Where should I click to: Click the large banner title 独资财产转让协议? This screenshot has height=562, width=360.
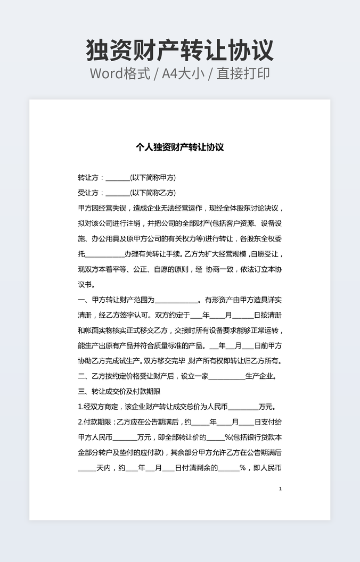pyautogui.click(x=180, y=51)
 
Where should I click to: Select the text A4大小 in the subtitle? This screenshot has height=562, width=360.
pyautogui.click(x=183, y=73)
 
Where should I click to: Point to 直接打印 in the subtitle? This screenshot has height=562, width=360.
pyautogui.click(x=243, y=73)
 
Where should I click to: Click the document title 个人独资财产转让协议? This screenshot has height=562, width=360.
pyautogui.click(x=179, y=147)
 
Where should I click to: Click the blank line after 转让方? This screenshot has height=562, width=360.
pyautogui.click(x=117, y=178)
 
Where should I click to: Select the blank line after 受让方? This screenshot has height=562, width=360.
pyautogui.click(x=117, y=193)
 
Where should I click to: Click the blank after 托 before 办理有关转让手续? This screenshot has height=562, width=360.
pyautogui.click(x=104, y=254)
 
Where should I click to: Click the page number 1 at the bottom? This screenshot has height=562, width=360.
pyautogui.click(x=280, y=489)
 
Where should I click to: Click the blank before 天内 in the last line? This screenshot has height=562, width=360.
pyautogui.click(x=87, y=469)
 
